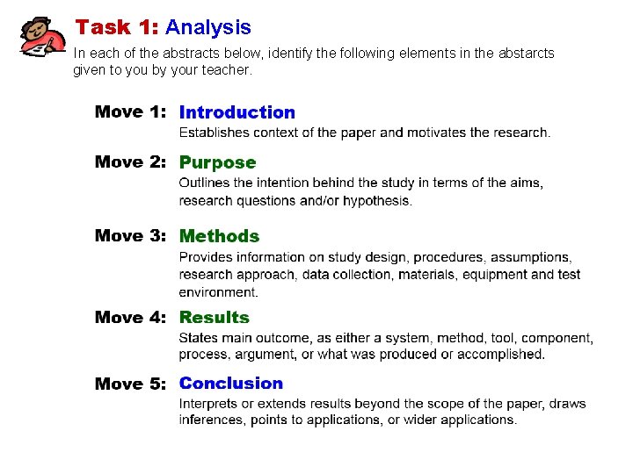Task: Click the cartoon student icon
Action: coord(42,37)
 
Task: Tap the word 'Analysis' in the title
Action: coord(208,28)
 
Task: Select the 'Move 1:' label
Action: coord(131,112)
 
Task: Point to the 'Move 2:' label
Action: coord(131,162)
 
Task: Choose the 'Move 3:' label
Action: coord(131,236)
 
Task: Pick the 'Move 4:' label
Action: coord(131,318)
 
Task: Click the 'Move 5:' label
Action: coord(131,384)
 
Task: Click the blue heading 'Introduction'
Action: coord(237,112)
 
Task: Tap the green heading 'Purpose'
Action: coord(217,162)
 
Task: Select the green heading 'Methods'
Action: coord(219,236)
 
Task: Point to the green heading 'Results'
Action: coord(215,318)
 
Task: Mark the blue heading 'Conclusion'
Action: coord(231,384)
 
